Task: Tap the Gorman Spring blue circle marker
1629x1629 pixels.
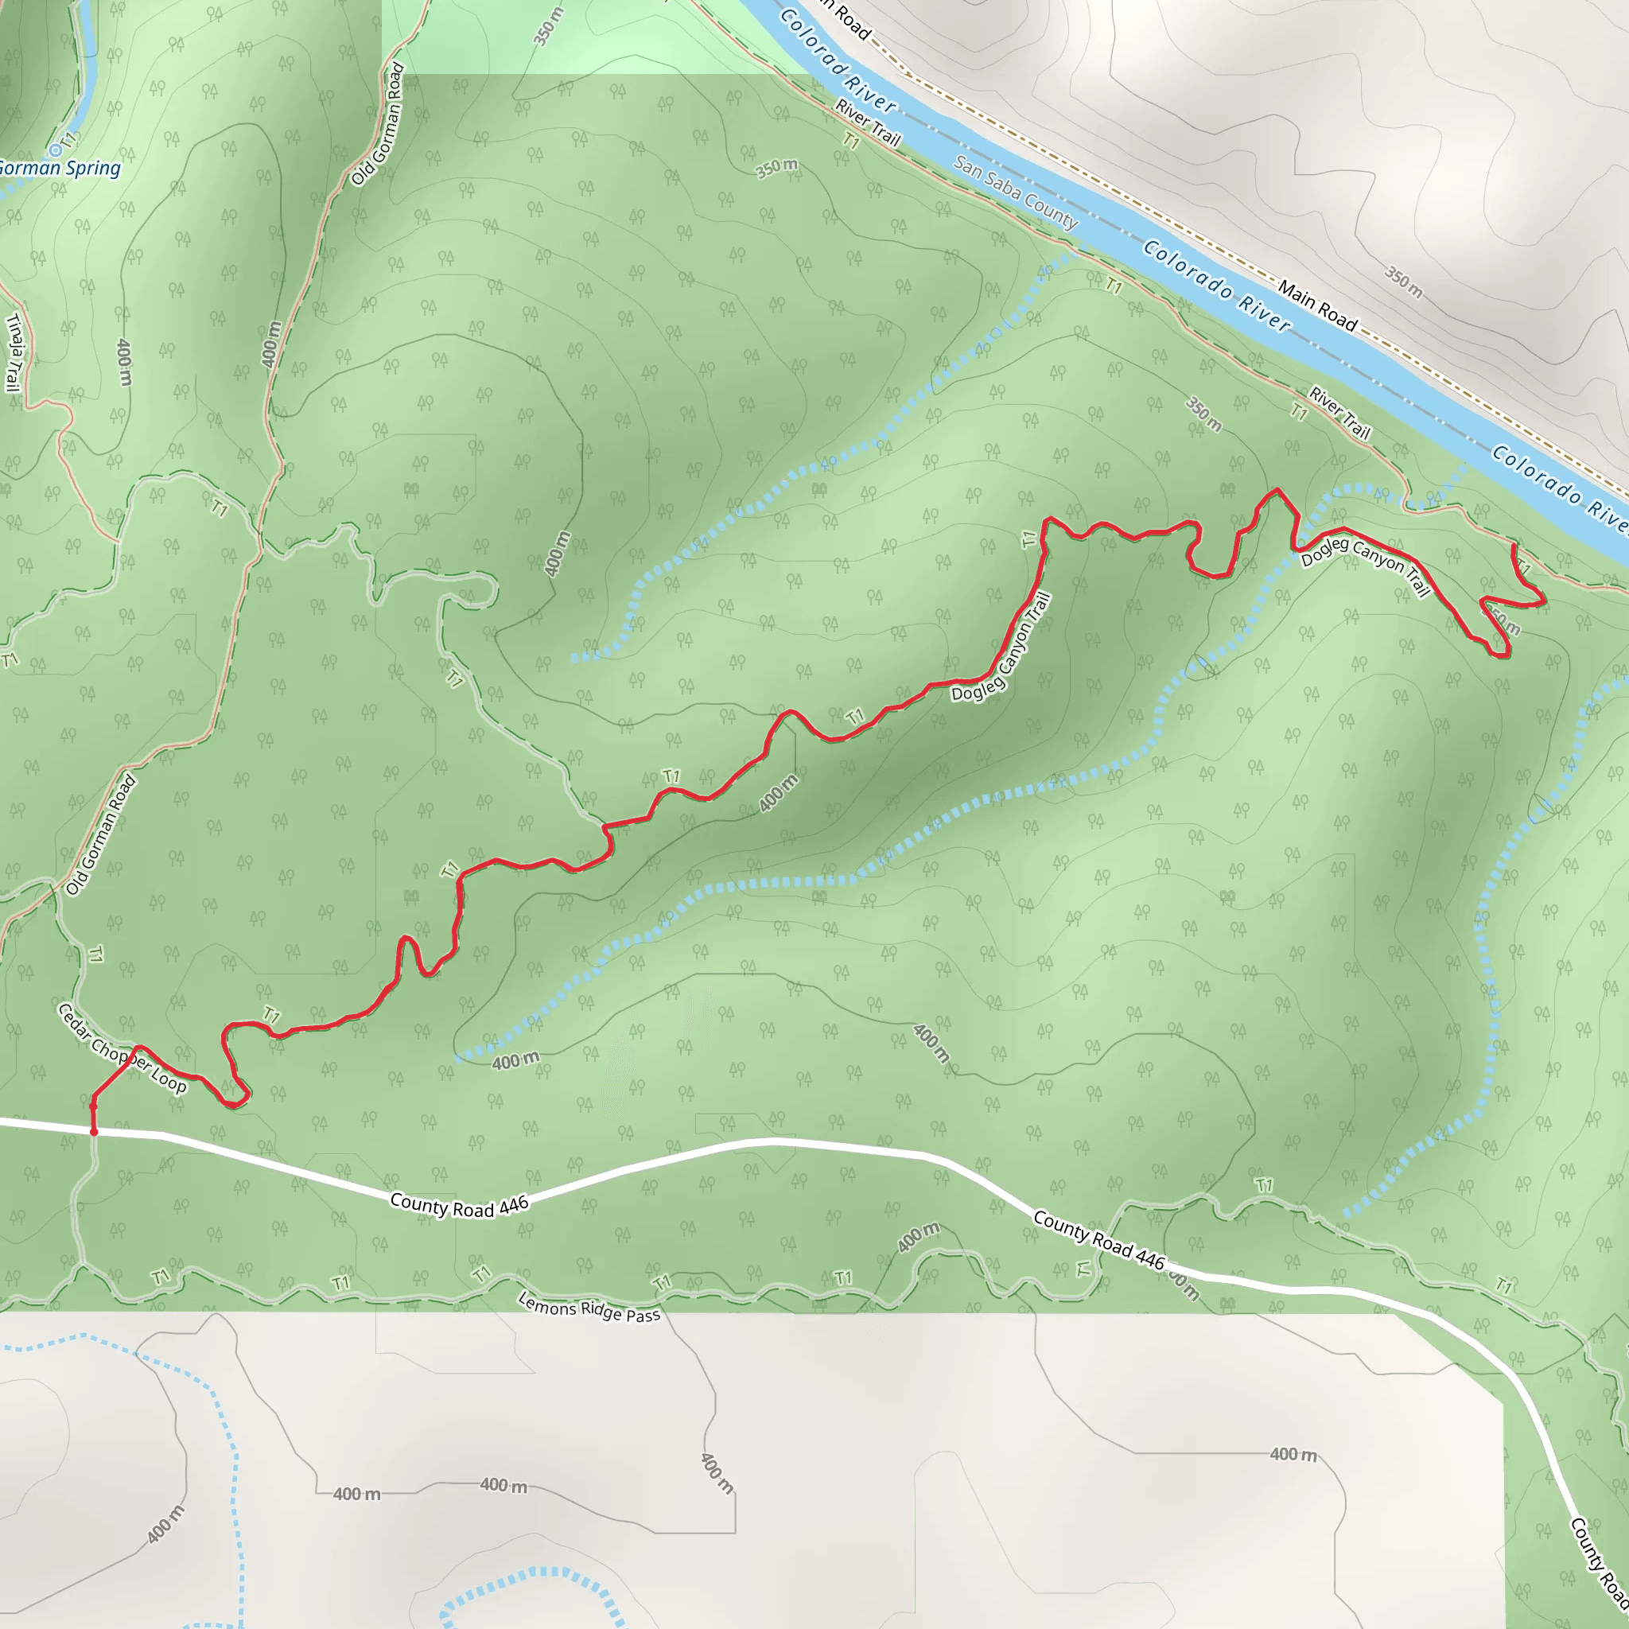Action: pos(55,150)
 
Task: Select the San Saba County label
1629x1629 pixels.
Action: pos(1016,193)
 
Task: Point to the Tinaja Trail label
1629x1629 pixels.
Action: pos(14,352)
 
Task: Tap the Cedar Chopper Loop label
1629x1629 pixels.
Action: pos(122,1048)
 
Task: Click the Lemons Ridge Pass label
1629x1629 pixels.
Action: pos(589,1308)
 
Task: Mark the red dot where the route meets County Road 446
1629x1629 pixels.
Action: pos(94,1133)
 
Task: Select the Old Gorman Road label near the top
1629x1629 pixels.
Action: pos(377,124)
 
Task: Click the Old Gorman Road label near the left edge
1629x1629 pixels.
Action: pos(101,834)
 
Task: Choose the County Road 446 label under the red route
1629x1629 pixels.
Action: pos(459,1207)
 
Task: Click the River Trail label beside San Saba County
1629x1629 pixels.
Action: pos(868,123)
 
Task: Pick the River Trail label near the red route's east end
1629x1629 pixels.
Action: pos(1339,413)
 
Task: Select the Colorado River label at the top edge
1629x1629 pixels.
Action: pos(838,60)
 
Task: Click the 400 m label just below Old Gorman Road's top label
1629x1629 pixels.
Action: pos(270,343)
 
